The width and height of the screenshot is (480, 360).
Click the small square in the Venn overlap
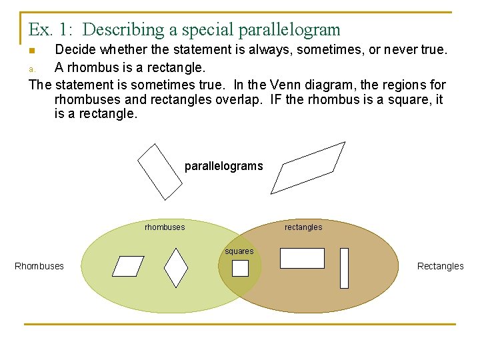(x=240, y=268)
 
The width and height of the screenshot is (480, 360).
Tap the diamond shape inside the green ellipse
(x=175, y=268)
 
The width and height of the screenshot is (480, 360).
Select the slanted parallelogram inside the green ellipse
(x=128, y=266)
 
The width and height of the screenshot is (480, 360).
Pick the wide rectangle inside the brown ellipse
(x=302, y=258)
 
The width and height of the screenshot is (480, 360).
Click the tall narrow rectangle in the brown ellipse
(x=344, y=268)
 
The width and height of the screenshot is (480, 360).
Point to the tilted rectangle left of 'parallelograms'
(x=159, y=171)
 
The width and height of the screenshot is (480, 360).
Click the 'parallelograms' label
(x=223, y=166)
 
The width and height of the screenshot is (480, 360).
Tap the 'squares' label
(x=239, y=251)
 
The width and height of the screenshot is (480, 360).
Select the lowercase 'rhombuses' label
(x=165, y=227)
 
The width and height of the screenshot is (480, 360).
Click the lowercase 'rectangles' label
(x=303, y=227)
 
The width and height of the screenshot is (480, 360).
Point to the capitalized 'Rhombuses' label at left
(x=39, y=266)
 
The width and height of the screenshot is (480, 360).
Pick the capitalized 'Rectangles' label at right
(x=440, y=266)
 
